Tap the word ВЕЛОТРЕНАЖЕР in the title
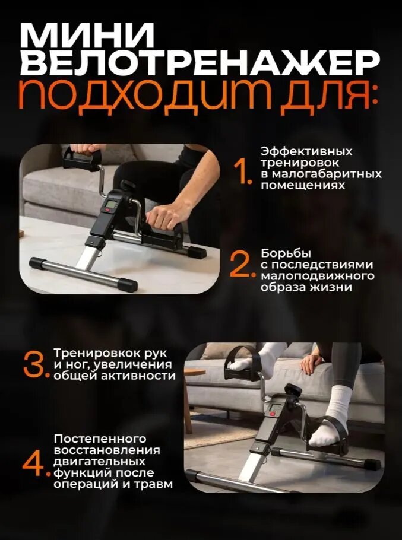tap(200, 63)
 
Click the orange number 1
tap(243, 171)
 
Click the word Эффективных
tap(306, 151)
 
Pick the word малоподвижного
tap(317, 276)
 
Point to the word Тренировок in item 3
tap(94, 354)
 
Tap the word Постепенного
tap(100, 439)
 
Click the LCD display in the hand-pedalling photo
tap(110, 204)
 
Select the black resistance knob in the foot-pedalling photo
tap(293, 390)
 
